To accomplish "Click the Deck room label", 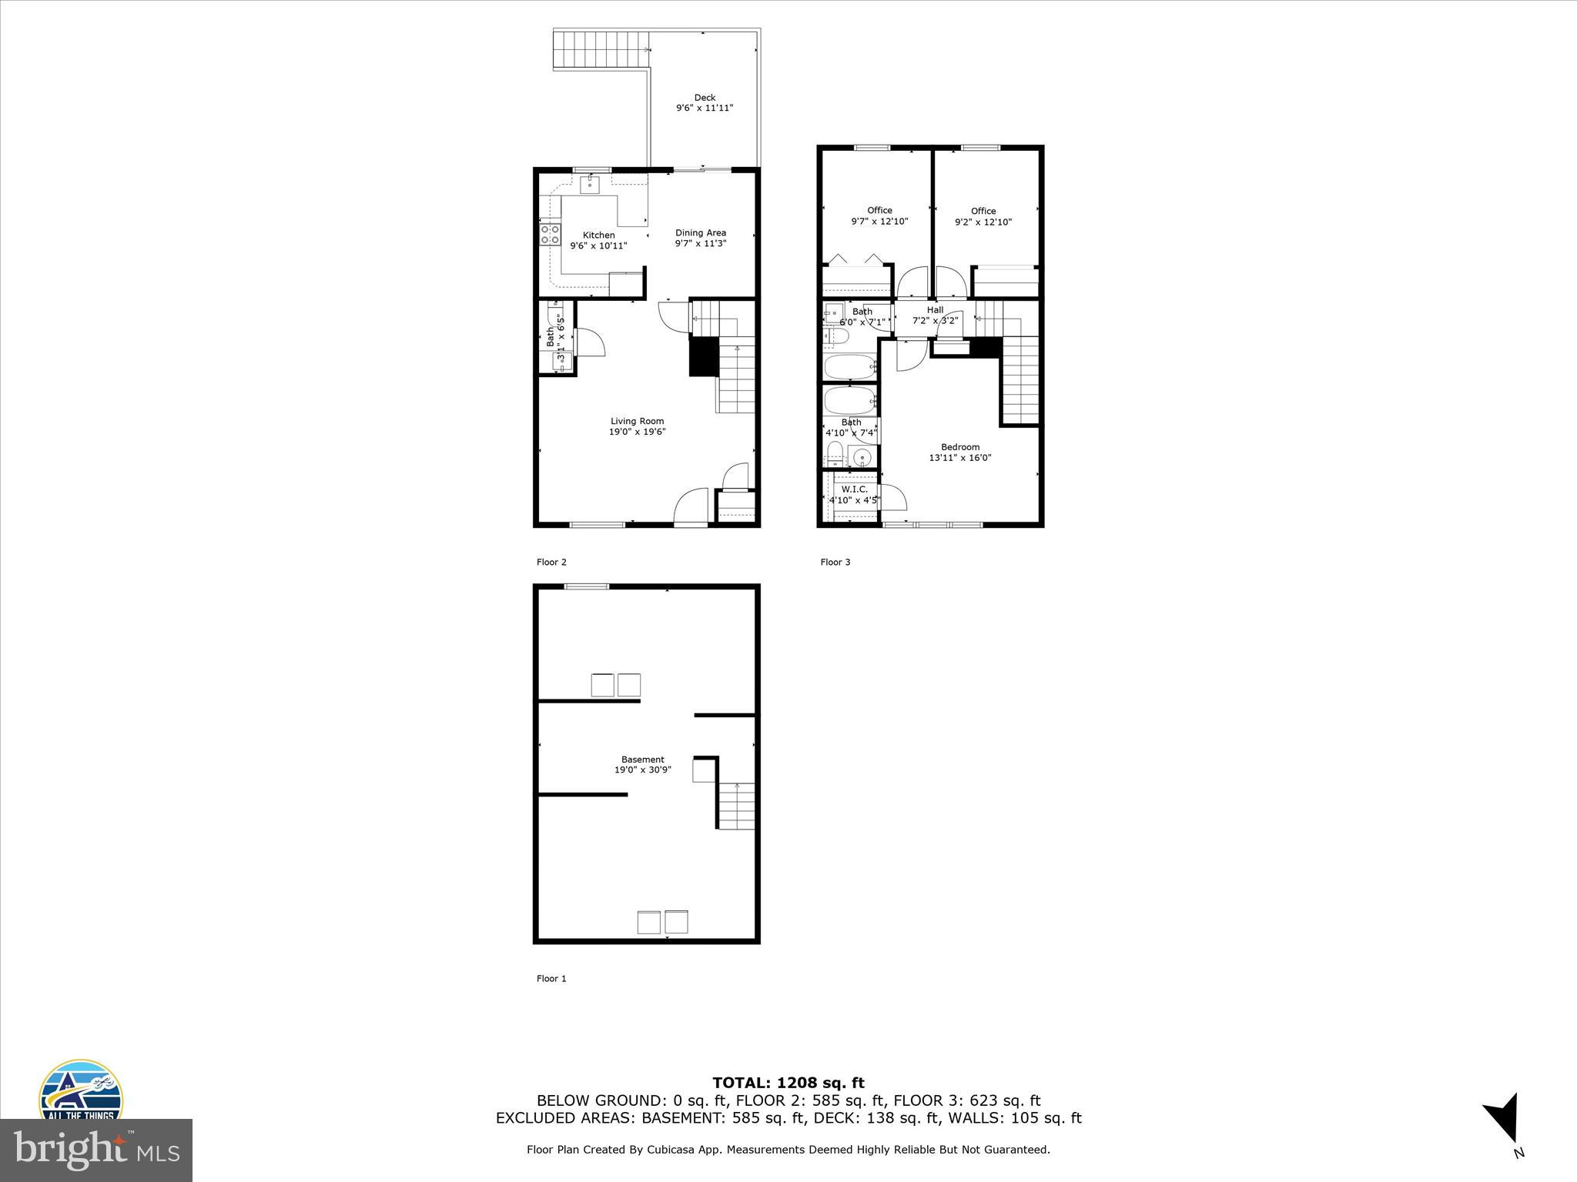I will point(705,98).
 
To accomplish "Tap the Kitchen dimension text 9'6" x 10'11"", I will point(598,246).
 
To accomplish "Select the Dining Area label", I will point(701,232).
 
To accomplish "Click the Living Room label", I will point(637,421).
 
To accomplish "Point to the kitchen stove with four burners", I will point(550,234).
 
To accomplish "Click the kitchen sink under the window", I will point(591,184).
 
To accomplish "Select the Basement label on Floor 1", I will point(642,760).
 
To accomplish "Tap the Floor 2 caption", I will point(551,563).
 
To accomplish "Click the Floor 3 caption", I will point(835,563).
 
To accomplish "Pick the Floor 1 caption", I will point(551,979).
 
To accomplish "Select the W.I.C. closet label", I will point(854,489).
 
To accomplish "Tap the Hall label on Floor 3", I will point(935,310).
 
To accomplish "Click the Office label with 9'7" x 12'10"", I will point(879,210).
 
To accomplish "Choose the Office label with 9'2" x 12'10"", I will point(983,211).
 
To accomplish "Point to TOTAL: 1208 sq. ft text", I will point(788,1083).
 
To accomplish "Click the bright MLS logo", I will point(96,1150).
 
